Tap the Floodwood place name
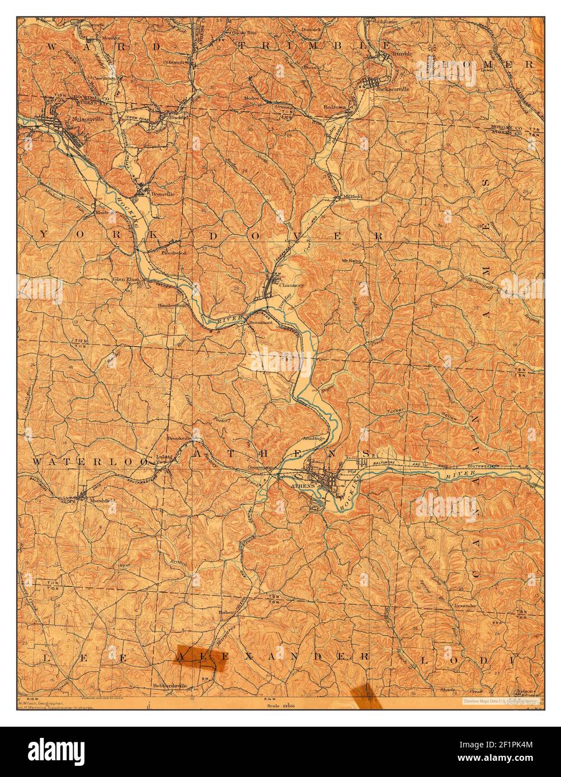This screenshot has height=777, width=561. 174,253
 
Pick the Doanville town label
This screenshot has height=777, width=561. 163,193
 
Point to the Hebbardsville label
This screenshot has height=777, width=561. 168,686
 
